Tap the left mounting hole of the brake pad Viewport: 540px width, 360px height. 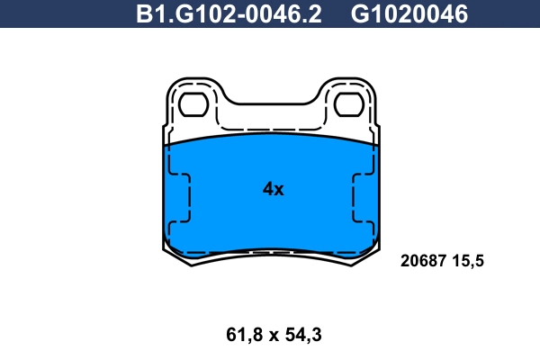tap(193, 105)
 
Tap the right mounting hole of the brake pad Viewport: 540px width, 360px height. tap(346, 105)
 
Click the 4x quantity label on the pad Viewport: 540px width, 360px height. tap(273, 189)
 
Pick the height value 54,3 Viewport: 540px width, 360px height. tap(302, 335)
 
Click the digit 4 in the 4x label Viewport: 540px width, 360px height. tap(267, 189)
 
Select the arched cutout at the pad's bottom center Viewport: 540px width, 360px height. tap(270, 253)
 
